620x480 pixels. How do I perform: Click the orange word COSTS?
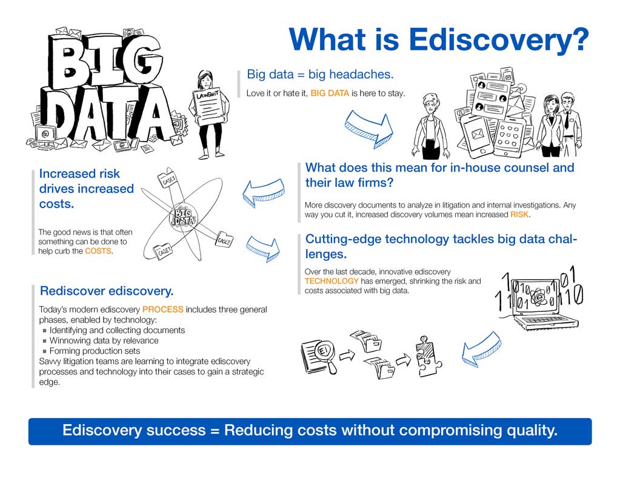point(98,251)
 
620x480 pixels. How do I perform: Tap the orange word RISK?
point(520,215)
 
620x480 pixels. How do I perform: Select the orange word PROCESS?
point(162,309)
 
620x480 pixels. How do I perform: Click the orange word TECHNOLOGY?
point(332,282)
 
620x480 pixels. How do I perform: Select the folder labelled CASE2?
point(224,240)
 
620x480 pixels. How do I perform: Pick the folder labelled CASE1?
point(164,251)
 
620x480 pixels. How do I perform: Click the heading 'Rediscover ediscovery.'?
point(106,291)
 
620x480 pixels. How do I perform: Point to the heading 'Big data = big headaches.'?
point(320,75)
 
